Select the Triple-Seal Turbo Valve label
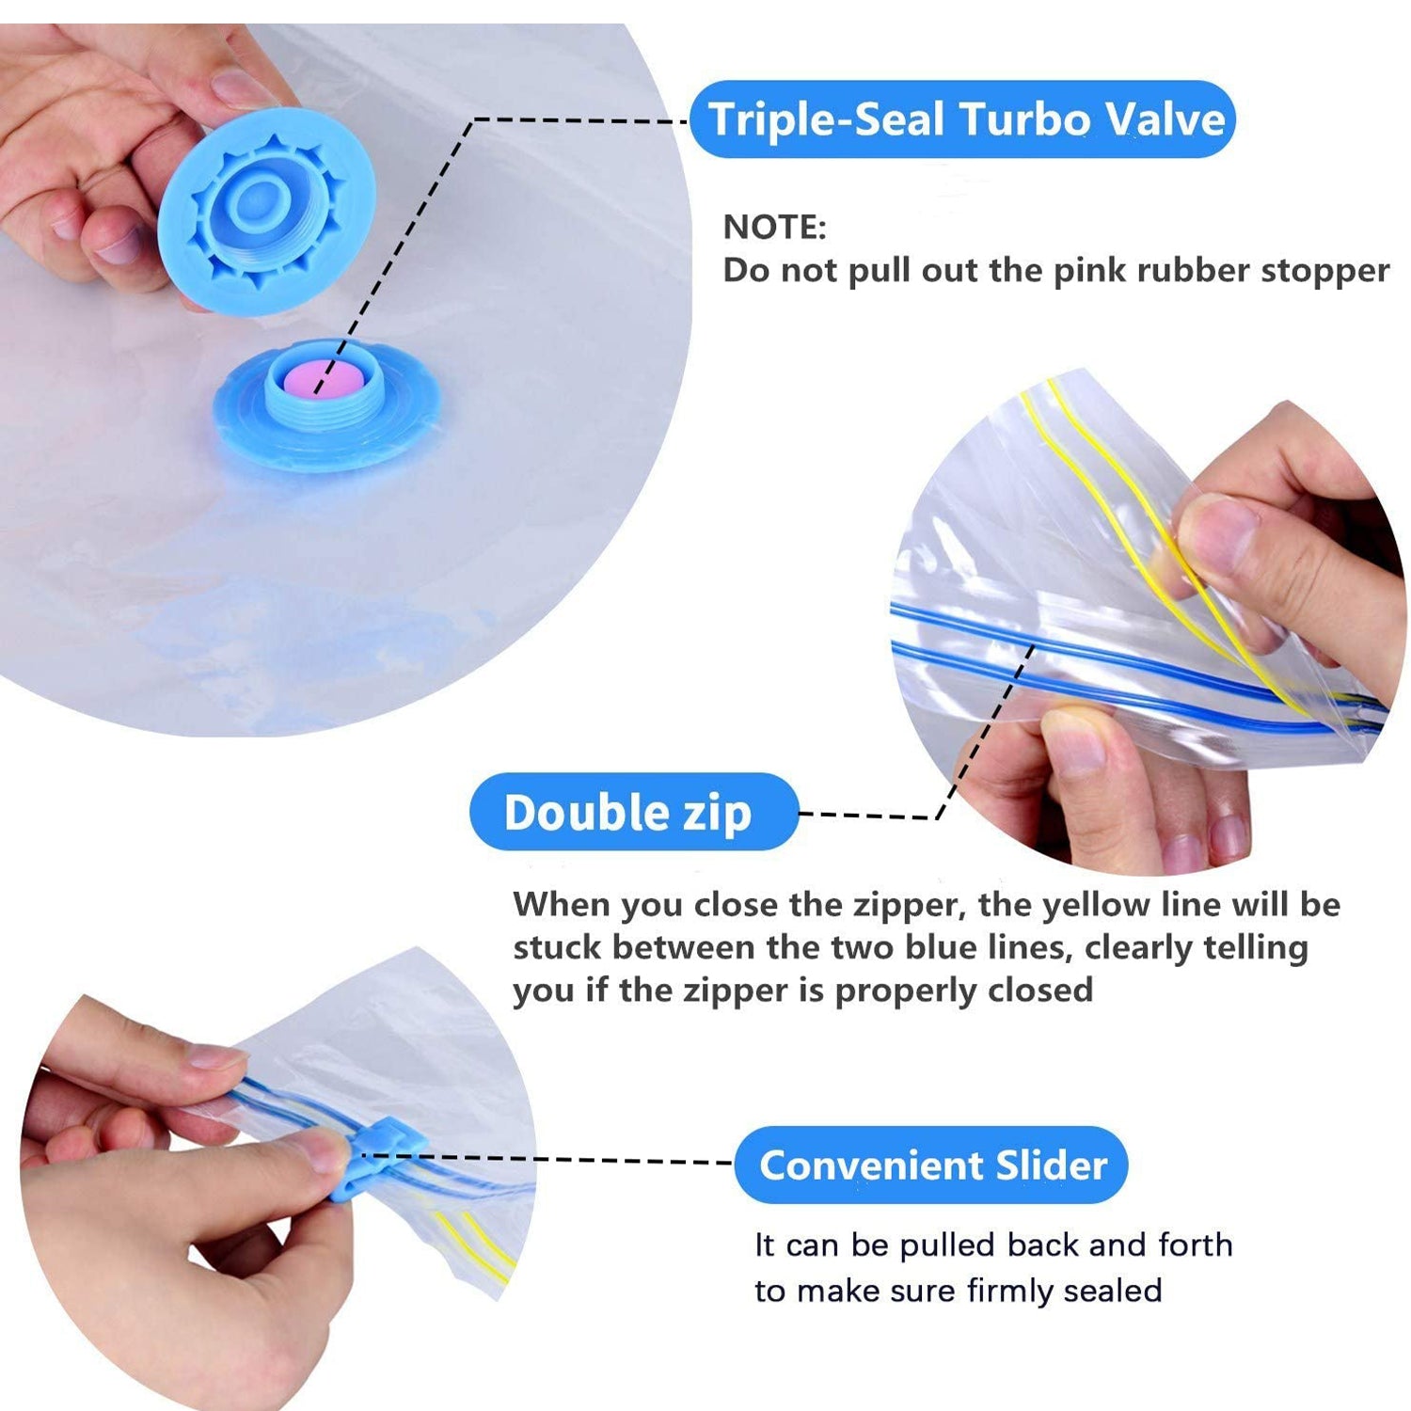click(962, 119)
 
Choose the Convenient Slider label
click(930, 1165)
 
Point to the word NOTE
click(774, 228)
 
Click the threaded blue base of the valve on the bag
click(327, 404)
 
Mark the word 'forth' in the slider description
click(1195, 1245)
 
